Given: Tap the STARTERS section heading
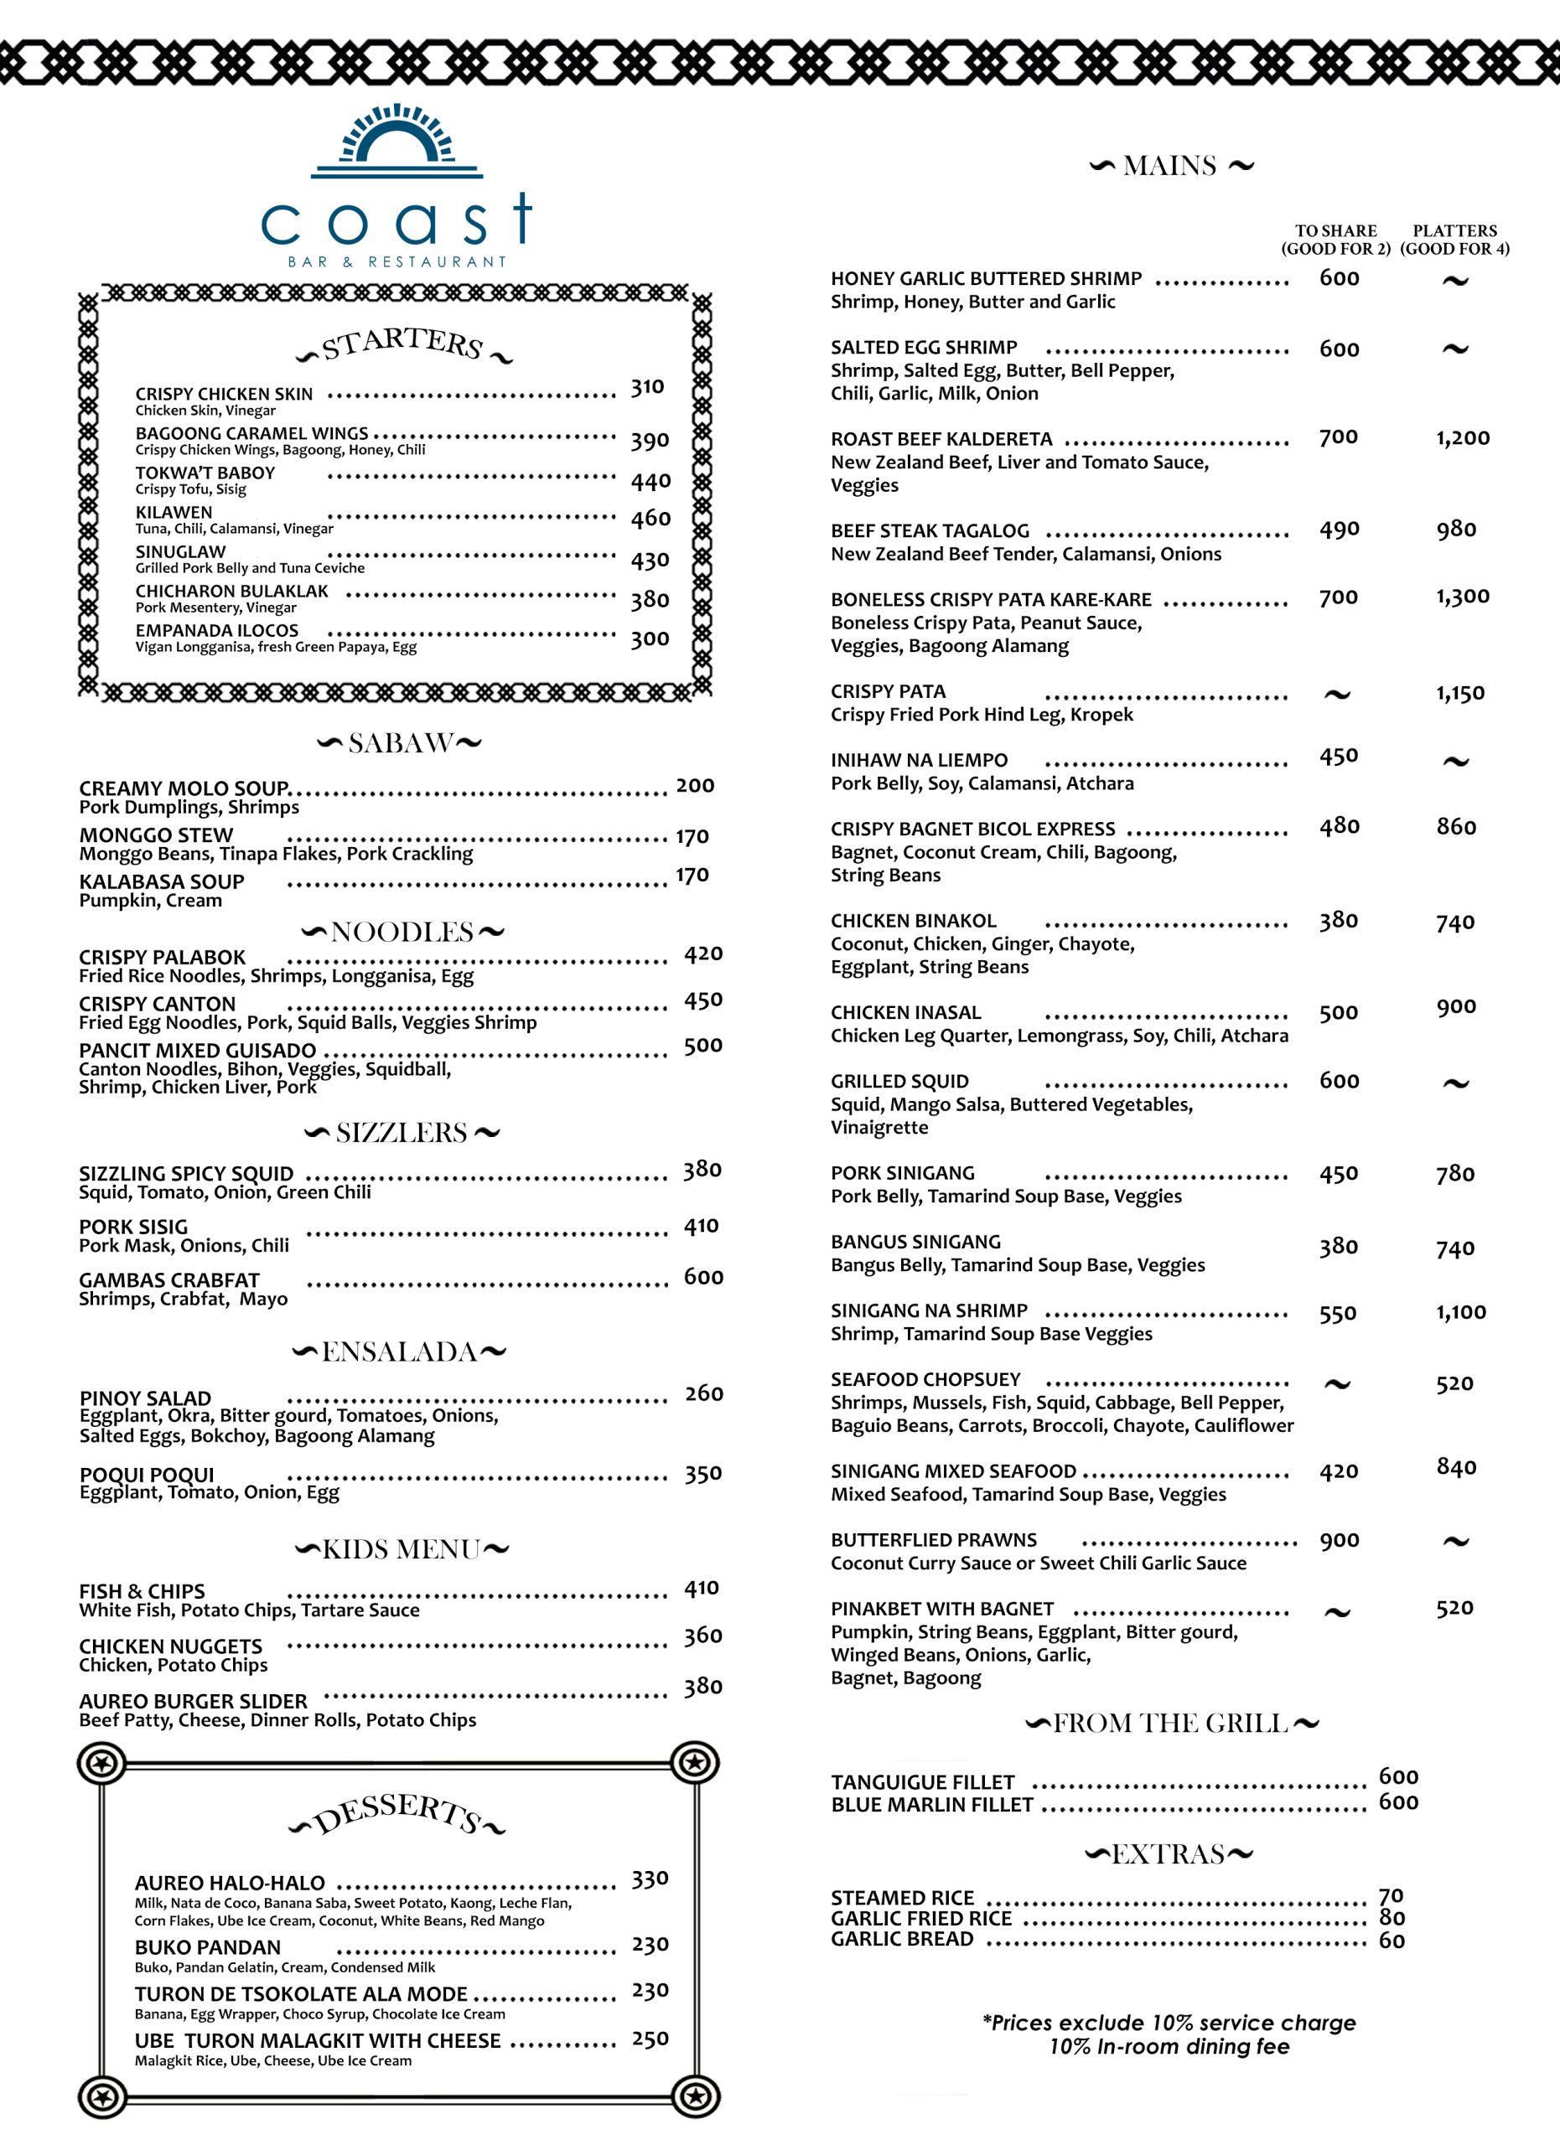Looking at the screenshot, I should point(403,344).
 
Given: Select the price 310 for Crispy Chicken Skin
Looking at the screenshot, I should point(648,387).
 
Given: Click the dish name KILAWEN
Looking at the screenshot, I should point(174,513).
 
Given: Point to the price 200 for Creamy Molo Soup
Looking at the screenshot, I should point(695,786).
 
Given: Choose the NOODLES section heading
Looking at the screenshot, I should point(402,933).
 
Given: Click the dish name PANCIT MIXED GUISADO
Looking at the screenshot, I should point(198,1051).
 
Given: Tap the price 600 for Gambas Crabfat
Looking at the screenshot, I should point(704,1277).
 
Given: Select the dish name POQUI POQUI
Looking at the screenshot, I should point(147,1475).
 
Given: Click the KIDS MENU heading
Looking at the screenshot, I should point(402,1549).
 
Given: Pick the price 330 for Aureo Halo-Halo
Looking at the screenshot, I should point(650,1879).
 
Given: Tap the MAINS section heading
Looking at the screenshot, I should point(1170,167).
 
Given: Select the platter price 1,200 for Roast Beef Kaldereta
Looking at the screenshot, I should point(1463,438).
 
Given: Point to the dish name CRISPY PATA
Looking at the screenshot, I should point(889,691).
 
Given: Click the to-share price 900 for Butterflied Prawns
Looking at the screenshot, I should point(1340,1541).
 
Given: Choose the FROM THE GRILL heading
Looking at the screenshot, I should point(1171,1724).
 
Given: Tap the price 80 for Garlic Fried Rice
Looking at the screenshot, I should point(1392,1917).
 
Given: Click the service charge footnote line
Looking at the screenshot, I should point(1169,2023).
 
